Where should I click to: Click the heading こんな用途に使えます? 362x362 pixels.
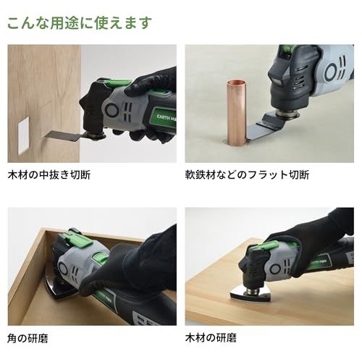(80, 22)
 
